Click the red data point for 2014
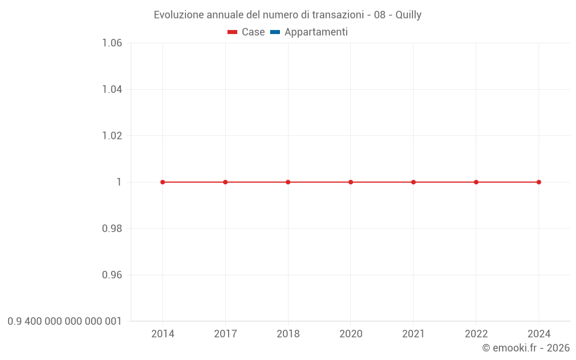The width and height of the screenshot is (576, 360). click(162, 182)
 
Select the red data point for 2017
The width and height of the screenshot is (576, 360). click(225, 182)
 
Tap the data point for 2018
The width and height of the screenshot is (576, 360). click(288, 182)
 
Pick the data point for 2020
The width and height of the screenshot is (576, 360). click(351, 182)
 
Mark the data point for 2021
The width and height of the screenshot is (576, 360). click(414, 182)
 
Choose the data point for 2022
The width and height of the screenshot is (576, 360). click(476, 182)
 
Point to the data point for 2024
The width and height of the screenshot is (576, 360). click(539, 182)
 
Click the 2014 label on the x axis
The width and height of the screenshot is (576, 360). click(162, 334)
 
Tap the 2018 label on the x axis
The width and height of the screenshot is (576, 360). click(288, 334)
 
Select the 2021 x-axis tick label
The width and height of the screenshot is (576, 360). click(414, 334)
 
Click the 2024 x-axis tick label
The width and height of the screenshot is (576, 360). click(539, 334)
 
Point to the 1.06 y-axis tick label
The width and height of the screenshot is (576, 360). click(112, 43)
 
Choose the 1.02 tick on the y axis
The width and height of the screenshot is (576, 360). click(112, 136)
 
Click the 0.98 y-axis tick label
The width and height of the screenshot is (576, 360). click(112, 229)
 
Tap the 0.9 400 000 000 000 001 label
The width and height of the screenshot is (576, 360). click(65, 321)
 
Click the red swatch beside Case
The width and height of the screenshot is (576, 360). click(233, 32)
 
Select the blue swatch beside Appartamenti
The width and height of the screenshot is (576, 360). click(275, 32)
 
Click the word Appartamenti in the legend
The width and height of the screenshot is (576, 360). click(316, 32)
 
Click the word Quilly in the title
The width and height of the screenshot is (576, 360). click(408, 15)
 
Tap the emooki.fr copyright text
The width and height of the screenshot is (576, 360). click(526, 348)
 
